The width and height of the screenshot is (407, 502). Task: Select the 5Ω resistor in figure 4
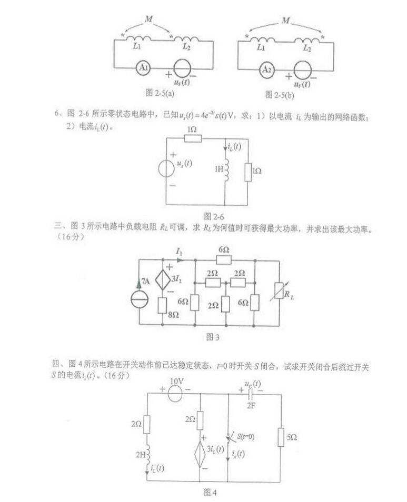[278, 437]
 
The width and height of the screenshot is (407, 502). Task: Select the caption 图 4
[210, 493]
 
